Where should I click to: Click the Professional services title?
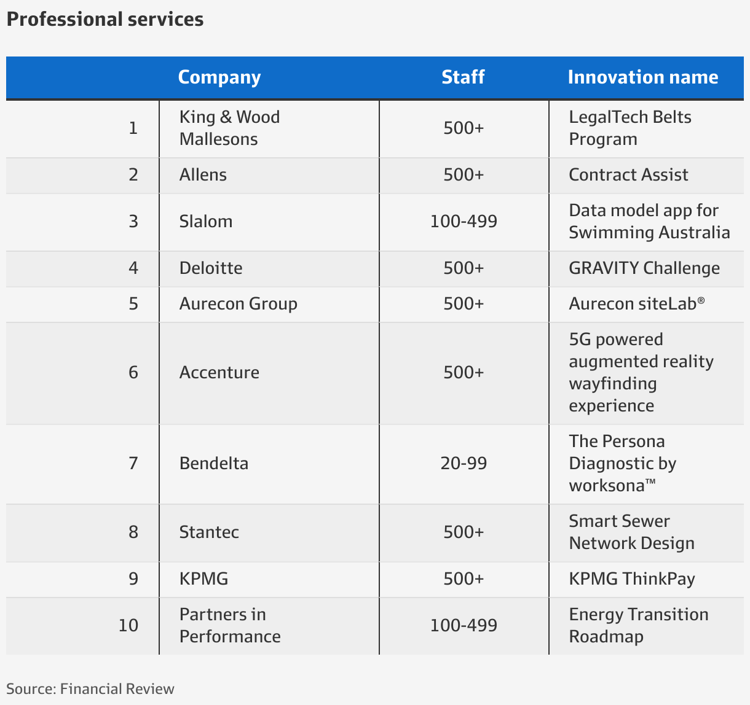tap(105, 20)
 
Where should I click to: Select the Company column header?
tap(219, 77)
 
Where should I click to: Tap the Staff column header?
tap(463, 77)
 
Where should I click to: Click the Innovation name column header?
tap(642, 77)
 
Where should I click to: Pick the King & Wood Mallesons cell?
tap(229, 128)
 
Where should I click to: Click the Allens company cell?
tap(203, 175)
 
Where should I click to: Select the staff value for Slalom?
tap(464, 221)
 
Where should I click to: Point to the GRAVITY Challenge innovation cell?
tap(644, 268)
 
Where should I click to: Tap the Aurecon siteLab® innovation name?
tap(636, 304)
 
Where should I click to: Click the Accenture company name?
tap(219, 373)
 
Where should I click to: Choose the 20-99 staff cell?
tap(464, 463)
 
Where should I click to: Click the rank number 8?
tap(133, 532)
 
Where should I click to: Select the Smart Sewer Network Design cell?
tap(631, 532)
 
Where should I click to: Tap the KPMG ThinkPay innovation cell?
tap(631, 579)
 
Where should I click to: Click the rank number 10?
tap(128, 626)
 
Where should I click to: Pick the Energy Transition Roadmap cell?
tap(638, 625)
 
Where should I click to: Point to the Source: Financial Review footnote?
tap(90, 689)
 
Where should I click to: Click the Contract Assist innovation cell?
tap(628, 175)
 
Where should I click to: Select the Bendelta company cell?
tap(214, 463)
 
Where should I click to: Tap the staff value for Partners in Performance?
tap(464, 626)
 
